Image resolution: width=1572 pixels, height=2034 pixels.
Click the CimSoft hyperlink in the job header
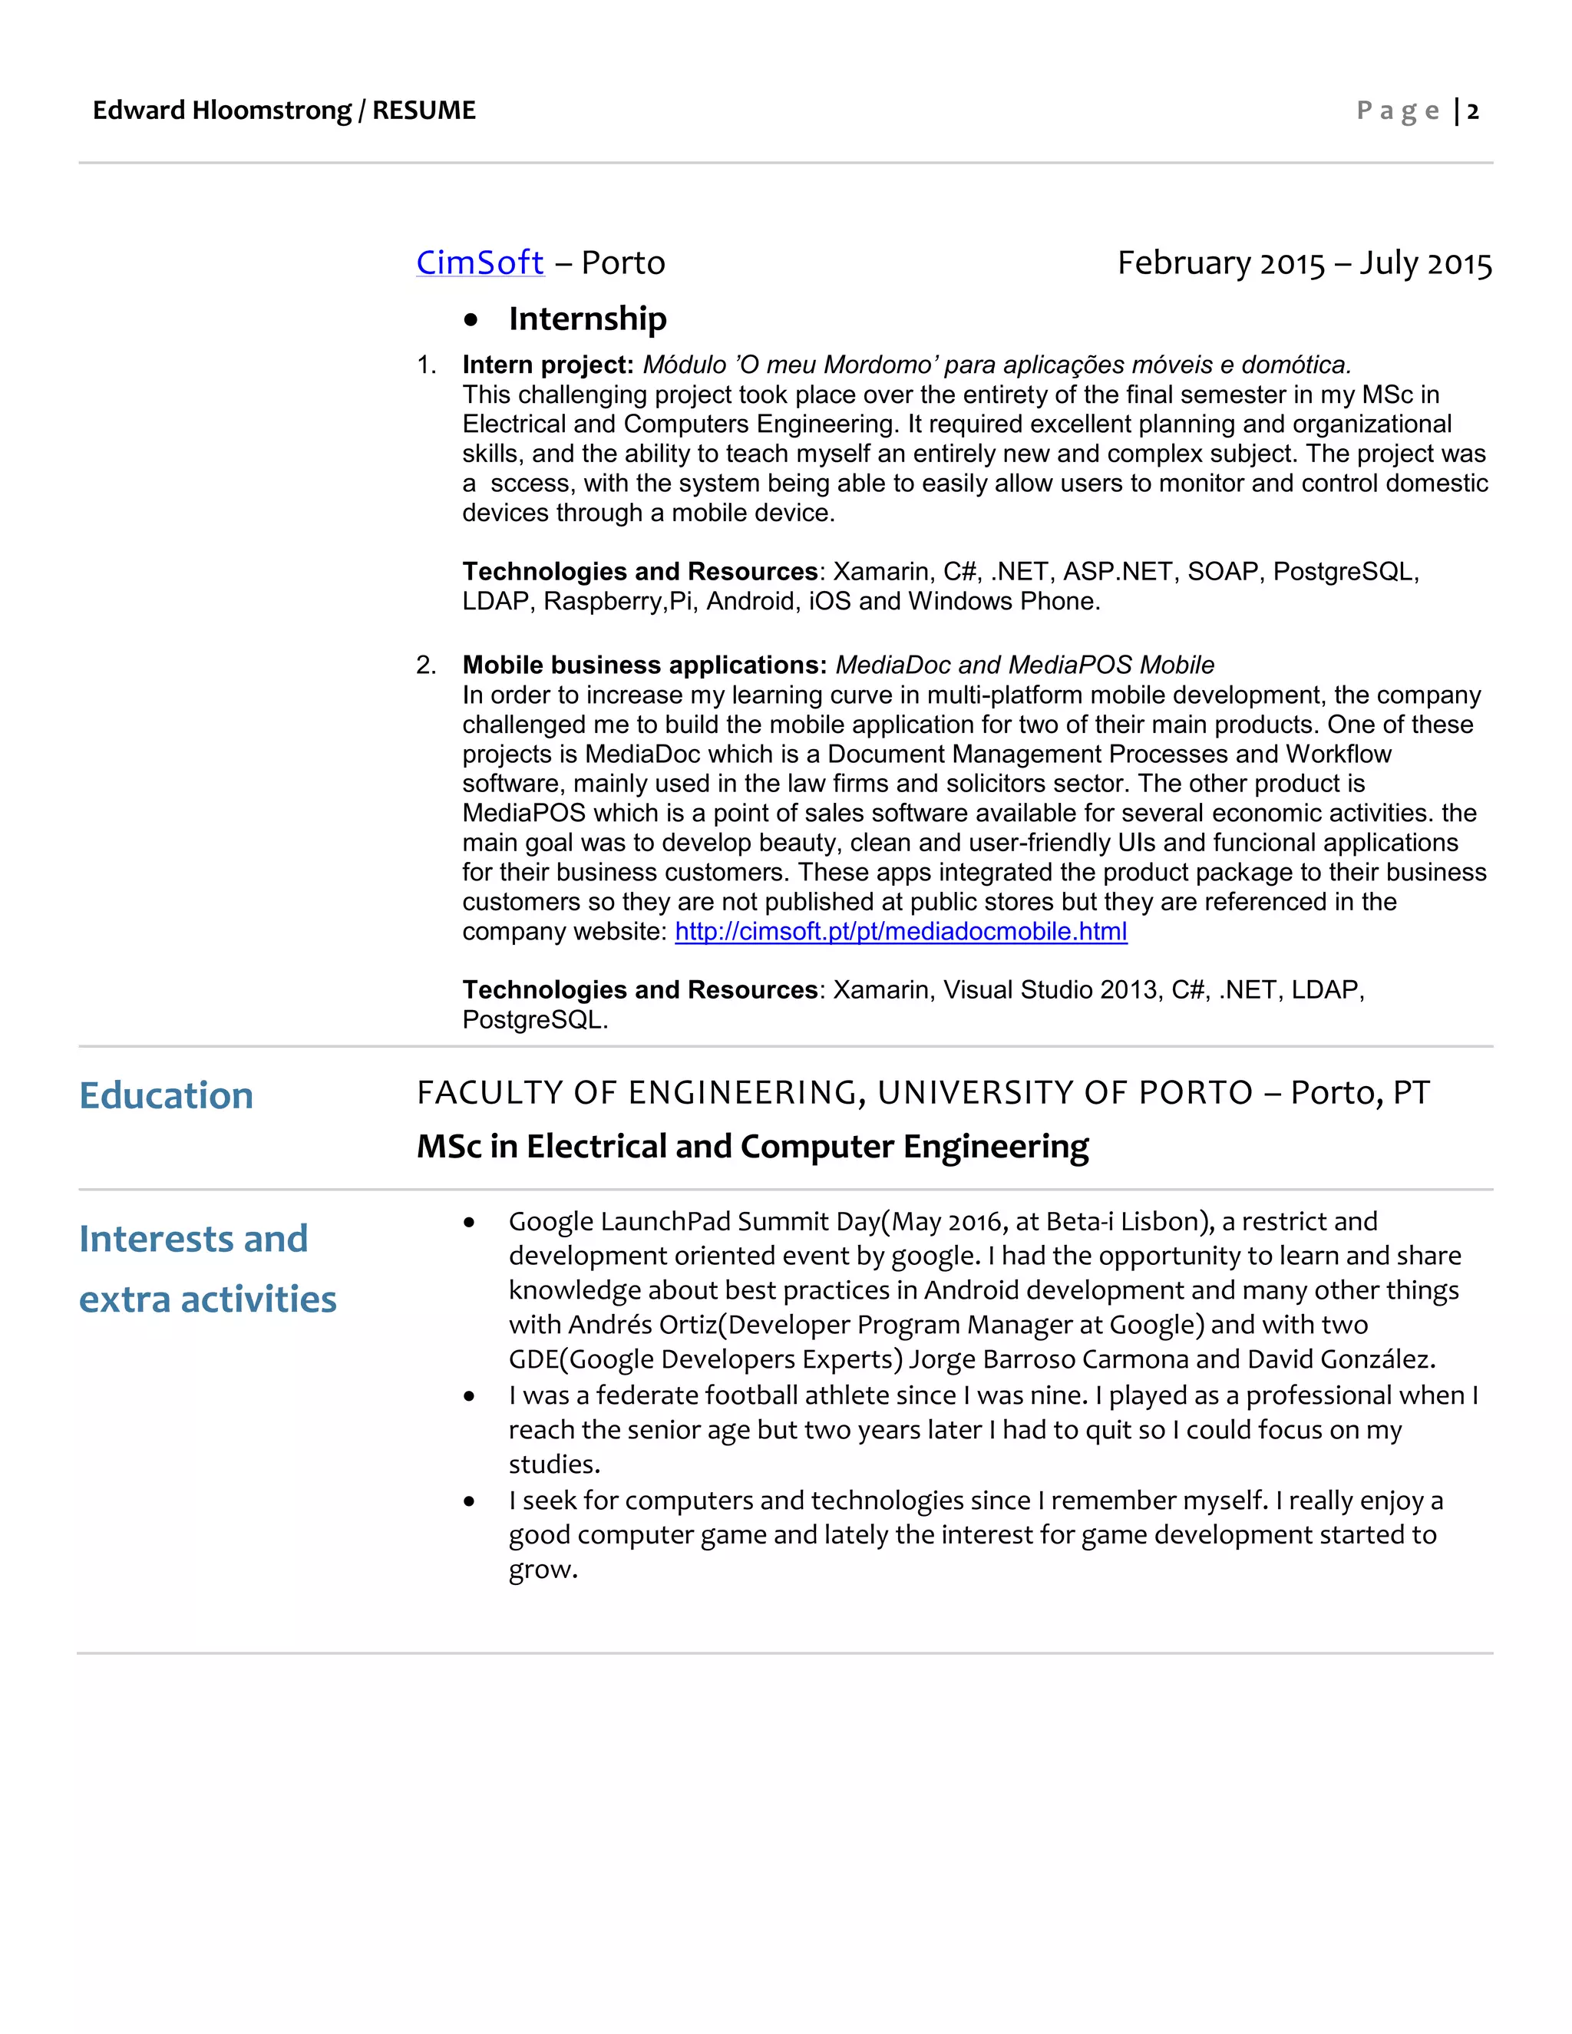point(479,263)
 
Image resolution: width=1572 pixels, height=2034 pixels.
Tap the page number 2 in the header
point(1472,112)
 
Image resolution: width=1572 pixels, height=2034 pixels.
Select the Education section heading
point(167,1095)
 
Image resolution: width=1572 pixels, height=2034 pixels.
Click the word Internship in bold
point(588,319)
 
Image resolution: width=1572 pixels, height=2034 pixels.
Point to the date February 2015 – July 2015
point(1304,263)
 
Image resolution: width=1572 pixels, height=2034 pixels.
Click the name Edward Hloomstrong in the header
point(222,111)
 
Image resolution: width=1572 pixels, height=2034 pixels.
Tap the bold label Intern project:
point(547,365)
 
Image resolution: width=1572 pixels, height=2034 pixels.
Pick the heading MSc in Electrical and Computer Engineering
point(752,1147)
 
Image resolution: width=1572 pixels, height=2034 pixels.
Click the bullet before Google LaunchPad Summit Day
point(469,1223)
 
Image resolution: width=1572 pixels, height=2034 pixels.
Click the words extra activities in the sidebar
point(208,1299)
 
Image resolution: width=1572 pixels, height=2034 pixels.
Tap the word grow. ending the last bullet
point(543,1570)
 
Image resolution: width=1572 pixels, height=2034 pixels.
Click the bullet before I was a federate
point(469,1396)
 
